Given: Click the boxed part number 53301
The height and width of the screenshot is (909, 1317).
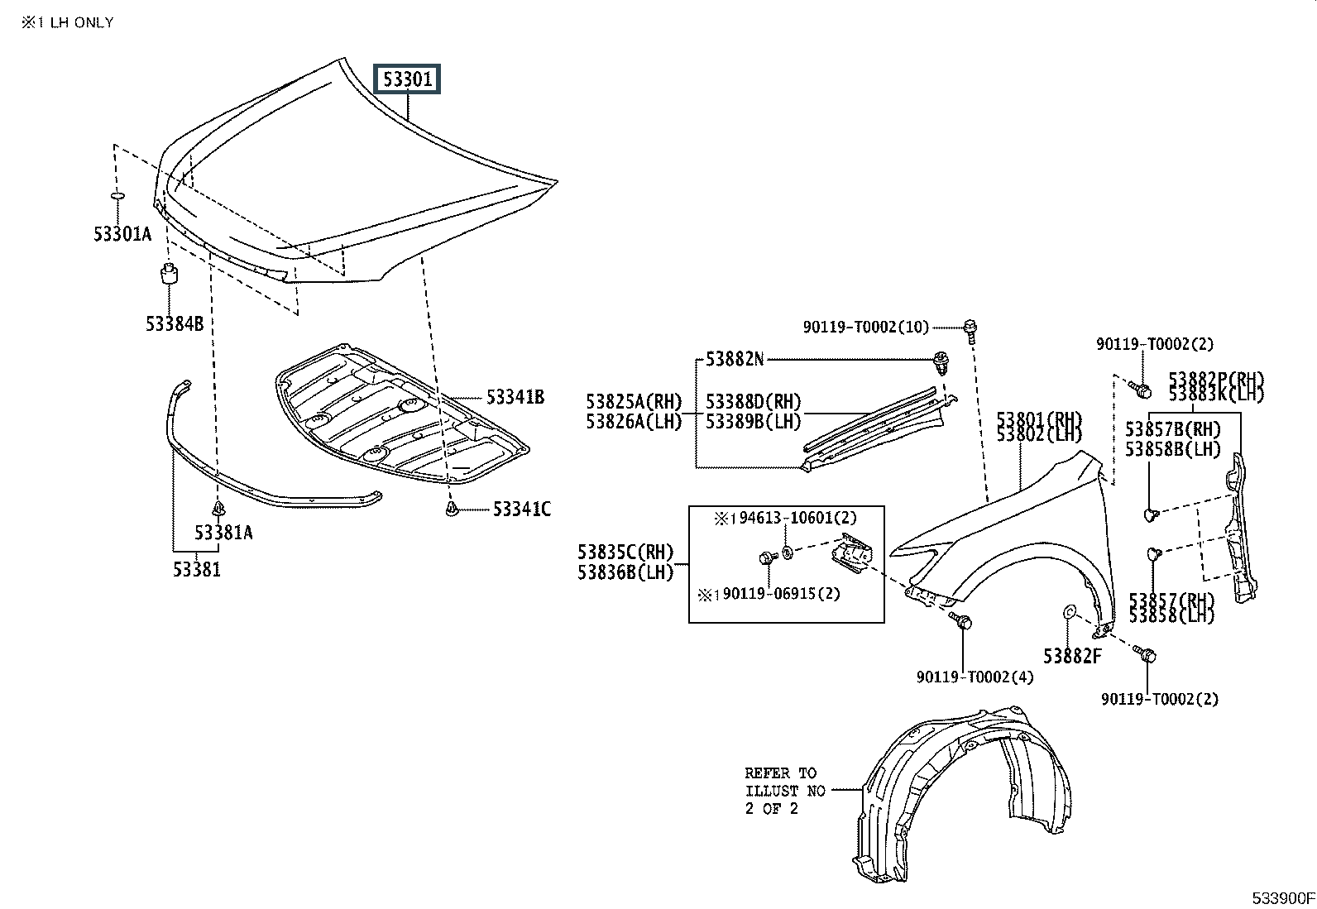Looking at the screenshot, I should (x=408, y=79).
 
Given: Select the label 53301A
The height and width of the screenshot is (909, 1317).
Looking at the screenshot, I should (x=122, y=234).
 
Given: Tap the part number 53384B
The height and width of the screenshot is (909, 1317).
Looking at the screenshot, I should (x=175, y=323).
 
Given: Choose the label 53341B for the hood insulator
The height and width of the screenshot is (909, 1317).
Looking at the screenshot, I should (x=515, y=397).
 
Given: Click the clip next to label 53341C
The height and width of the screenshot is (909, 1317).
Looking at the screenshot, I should (x=453, y=509).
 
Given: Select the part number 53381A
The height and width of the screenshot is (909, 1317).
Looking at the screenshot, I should (x=223, y=532).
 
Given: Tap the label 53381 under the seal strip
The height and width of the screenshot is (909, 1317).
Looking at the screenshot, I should (x=197, y=569).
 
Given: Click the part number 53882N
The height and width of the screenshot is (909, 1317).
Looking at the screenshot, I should (x=735, y=359).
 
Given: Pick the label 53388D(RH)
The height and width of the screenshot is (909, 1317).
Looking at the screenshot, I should (x=753, y=402).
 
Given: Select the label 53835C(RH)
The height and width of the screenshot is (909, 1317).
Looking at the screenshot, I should (x=625, y=552).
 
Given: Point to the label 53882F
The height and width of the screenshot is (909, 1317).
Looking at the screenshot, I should (x=1072, y=656).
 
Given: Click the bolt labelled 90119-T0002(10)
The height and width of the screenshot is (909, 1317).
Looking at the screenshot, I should (x=970, y=329).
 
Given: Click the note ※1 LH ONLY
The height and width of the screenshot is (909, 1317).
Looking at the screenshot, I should (x=68, y=22).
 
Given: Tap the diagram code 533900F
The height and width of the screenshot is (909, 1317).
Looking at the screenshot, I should (x=1282, y=898).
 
